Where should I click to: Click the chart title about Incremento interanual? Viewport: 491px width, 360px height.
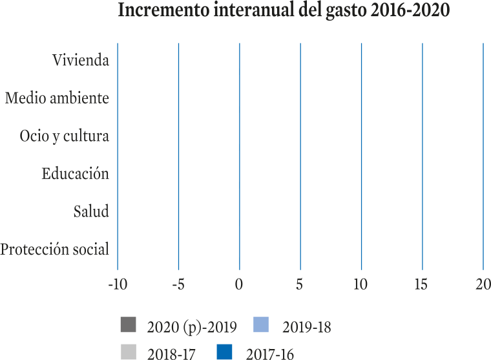click(x=284, y=10)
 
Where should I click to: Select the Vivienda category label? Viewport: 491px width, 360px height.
click(x=81, y=60)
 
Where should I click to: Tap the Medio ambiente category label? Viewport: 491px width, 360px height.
click(x=57, y=98)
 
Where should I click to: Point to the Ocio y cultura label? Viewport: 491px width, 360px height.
click(x=65, y=136)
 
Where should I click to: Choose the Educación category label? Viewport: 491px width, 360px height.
click(x=76, y=173)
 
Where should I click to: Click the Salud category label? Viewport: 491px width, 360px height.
click(x=91, y=211)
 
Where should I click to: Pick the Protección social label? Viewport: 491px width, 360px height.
click(x=54, y=249)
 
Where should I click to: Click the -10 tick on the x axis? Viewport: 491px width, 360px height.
click(x=118, y=284)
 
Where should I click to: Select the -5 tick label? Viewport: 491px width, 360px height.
click(x=178, y=284)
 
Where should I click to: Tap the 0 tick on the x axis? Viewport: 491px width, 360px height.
click(x=239, y=284)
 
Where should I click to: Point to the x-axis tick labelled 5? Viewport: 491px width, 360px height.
click(x=300, y=284)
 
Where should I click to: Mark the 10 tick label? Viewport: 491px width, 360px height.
click(x=360, y=284)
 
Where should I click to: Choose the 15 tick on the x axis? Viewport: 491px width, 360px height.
click(x=421, y=284)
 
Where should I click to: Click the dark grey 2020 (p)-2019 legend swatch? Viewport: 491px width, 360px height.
click(x=129, y=324)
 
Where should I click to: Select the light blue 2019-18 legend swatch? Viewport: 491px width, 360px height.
click(x=261, y=324)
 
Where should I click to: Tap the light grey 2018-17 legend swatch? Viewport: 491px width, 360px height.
click(x=129, y=352)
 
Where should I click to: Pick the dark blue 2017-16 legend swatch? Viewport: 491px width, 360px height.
click(x=225, y=352)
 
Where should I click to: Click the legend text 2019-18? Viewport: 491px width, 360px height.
click(x=307, y=327)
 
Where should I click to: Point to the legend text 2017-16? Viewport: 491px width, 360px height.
click(x=270, y=354)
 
